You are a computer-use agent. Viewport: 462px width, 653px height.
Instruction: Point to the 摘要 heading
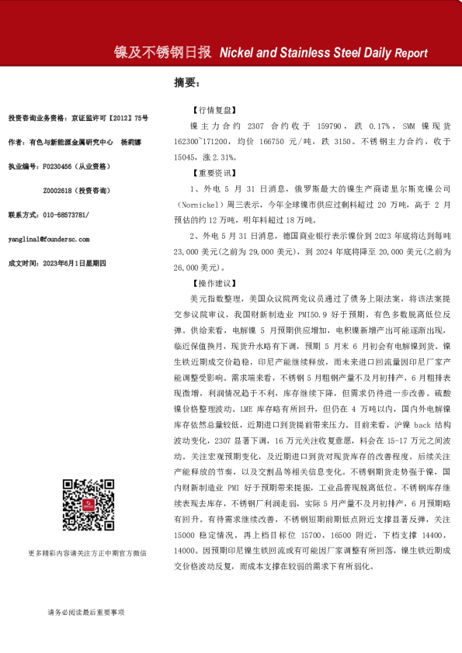pyautogui.click(x=187, y=82)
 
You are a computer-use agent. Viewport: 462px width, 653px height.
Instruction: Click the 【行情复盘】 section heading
pyautogui.click(x=208, y=110)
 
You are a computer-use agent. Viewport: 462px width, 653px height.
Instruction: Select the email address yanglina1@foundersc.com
pyautogui.click(x=48, y=240)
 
